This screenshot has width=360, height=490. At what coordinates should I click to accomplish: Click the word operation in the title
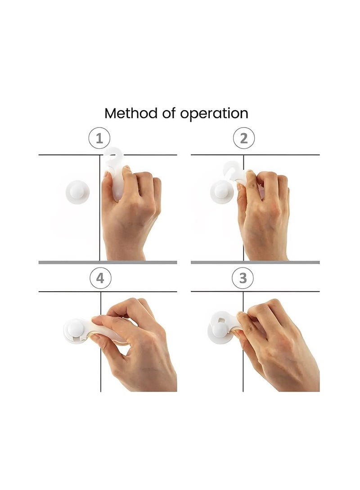(x=214, y=114)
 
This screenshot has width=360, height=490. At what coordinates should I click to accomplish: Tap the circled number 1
(x=99, y=138)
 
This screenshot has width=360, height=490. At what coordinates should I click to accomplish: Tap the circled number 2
(x=243, y=138)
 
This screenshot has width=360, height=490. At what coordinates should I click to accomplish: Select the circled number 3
(x=243, y=278)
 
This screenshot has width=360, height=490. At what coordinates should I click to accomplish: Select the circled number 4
(x=100, y=278)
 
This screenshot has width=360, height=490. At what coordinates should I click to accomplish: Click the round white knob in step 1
(x=78, y=192)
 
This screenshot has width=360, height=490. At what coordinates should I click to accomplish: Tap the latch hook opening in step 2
(x=230, y=170)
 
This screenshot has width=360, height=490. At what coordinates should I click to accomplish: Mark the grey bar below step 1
(x=108, y=262)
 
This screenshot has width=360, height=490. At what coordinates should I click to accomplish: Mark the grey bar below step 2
(x=255, y=262)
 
